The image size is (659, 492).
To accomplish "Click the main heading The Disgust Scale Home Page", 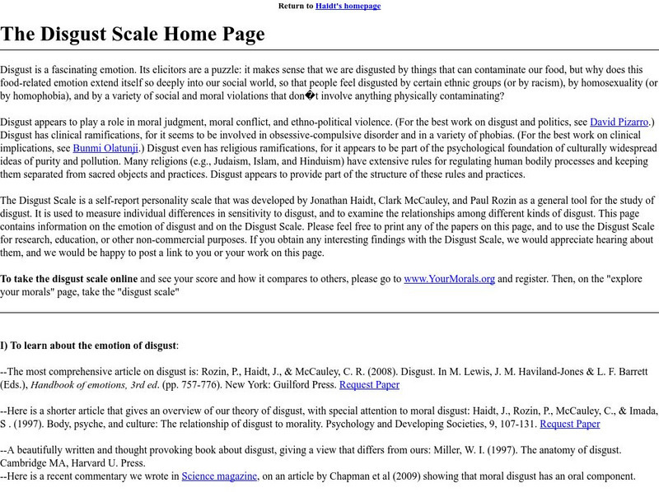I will tap(133, 34).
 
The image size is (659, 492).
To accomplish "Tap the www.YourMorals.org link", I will tap(449, 278).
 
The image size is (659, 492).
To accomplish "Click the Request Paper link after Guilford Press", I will tap(368, 384).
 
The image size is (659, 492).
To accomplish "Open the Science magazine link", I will tap(220, 476).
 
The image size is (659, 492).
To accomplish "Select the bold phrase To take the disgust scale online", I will tap(70, 278).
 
